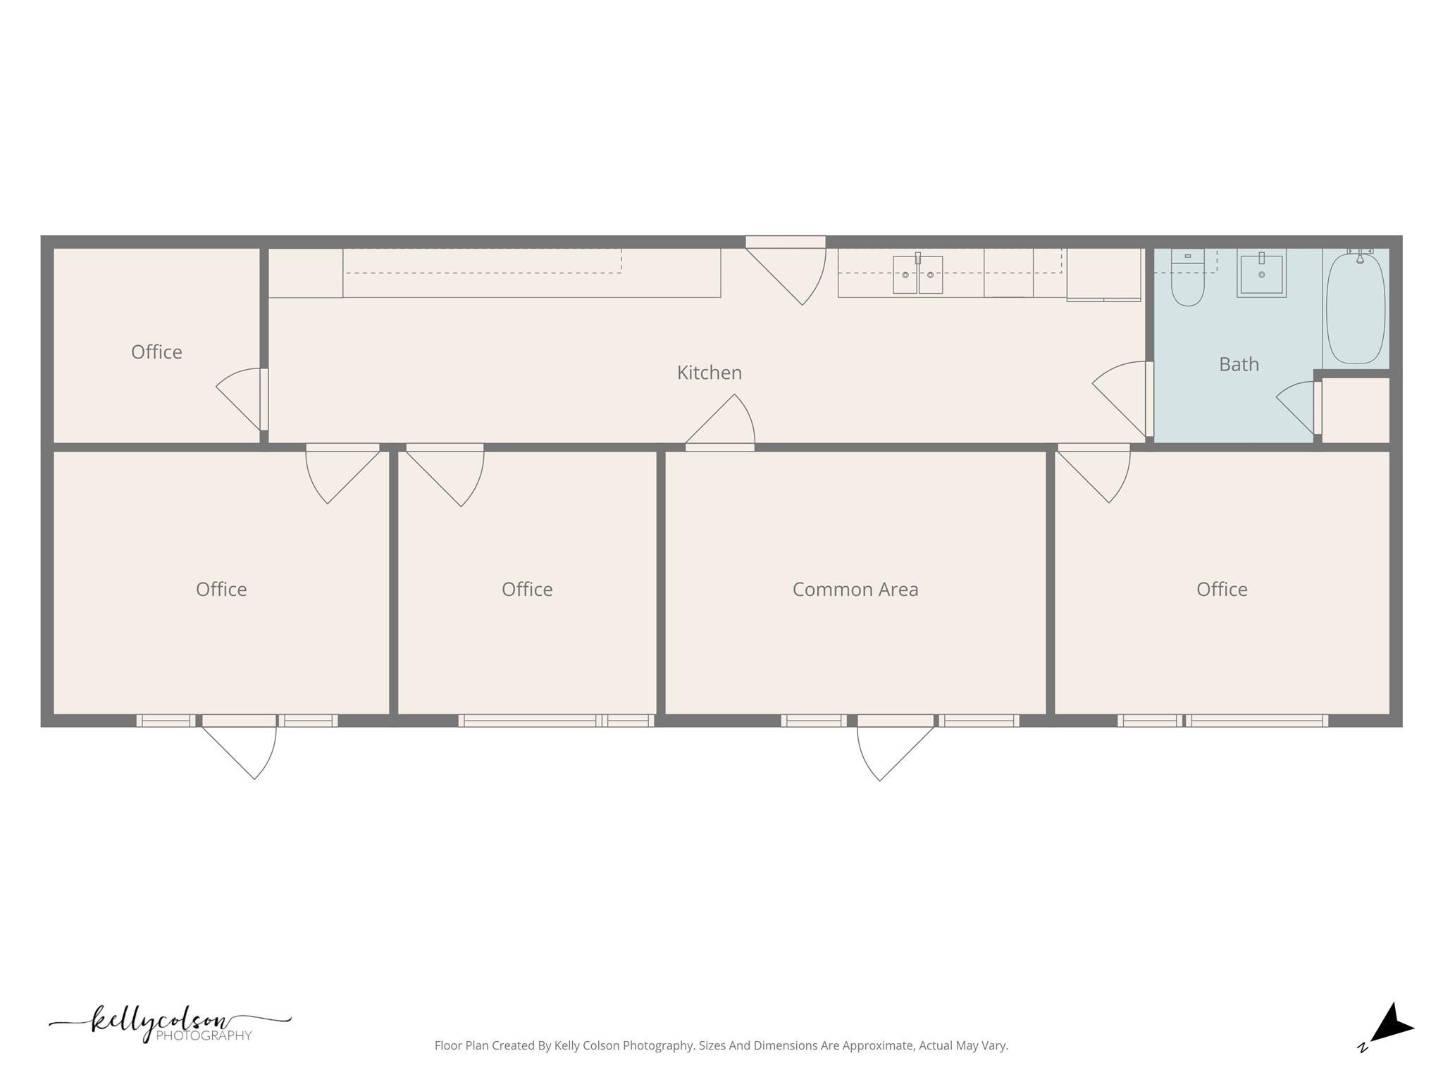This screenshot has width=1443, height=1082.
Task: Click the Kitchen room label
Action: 709,373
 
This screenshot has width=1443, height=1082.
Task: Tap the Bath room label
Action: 1239,364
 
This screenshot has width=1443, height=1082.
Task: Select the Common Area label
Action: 855,590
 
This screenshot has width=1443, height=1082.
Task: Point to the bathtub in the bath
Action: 1356,309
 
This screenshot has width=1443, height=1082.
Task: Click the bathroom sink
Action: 1261,273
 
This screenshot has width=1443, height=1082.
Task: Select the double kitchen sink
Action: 917,274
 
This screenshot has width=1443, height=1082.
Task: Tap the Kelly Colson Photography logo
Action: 170,1024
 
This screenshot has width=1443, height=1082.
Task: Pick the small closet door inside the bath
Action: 1299,406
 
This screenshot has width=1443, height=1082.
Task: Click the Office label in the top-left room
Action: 156,352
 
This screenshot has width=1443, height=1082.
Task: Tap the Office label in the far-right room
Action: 1221,590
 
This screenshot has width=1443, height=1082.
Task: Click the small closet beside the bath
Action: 1355,410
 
